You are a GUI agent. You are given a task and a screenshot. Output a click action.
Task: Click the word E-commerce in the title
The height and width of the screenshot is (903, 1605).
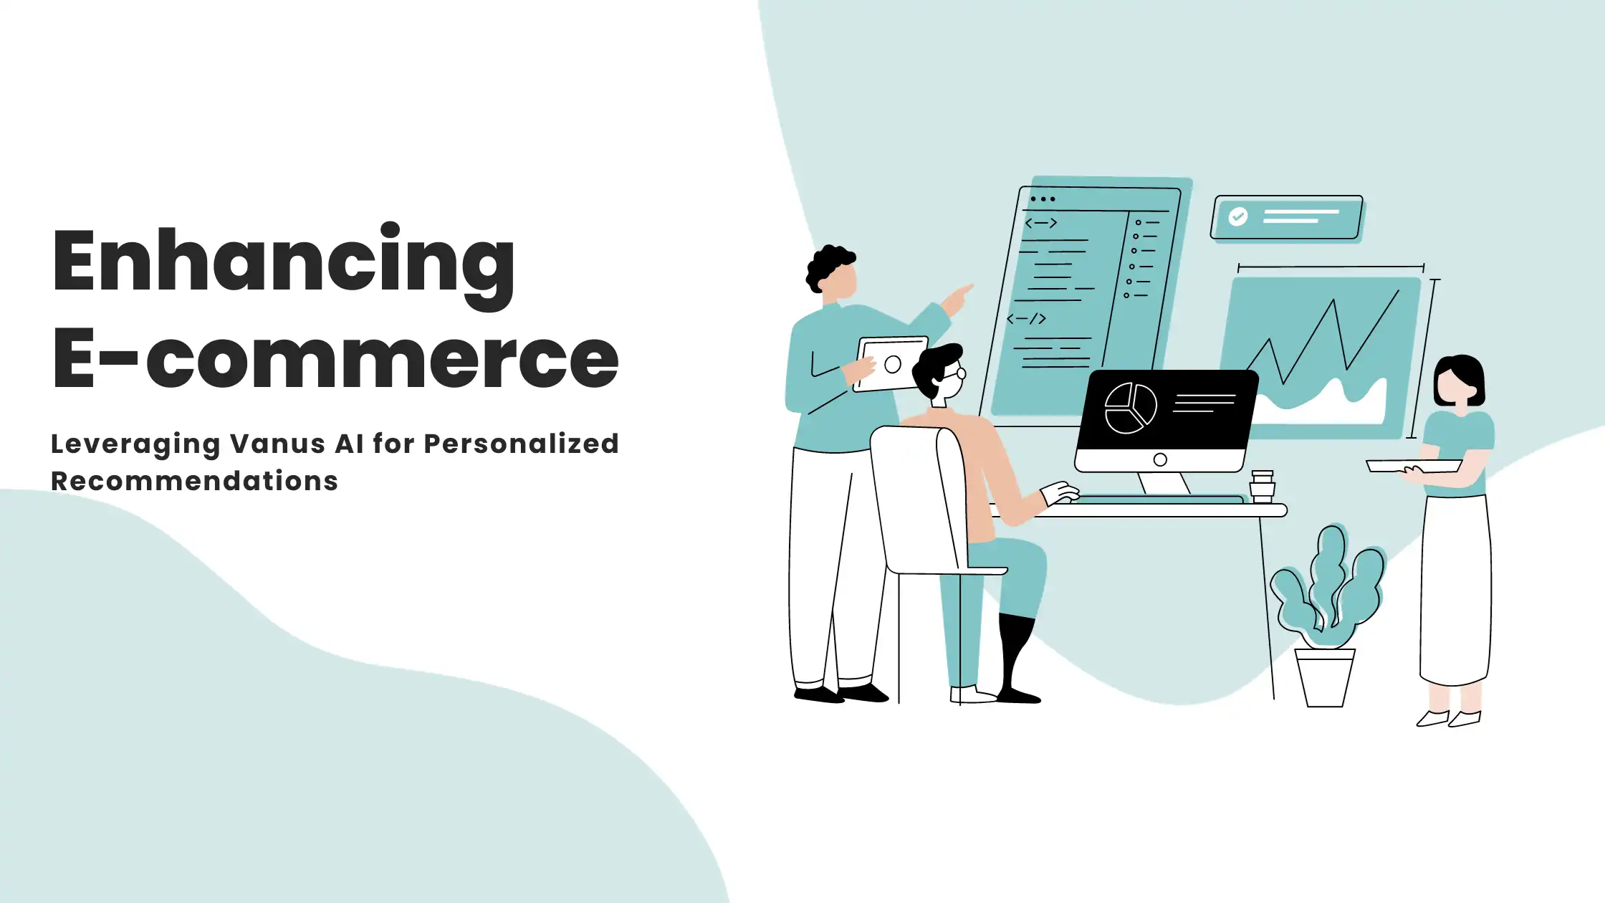point(335,358)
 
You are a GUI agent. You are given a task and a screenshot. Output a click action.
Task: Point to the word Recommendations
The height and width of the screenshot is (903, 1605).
point(194,481)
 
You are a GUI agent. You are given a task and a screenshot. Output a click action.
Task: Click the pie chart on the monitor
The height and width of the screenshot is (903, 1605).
point(1131,408)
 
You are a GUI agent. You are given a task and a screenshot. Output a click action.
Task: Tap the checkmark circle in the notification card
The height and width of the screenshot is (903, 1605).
point(1237,216)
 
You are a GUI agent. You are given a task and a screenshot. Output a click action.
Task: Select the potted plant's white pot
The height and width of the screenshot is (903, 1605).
point(1324,677)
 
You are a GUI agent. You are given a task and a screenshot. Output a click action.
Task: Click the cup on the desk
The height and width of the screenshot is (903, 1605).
point(1262,487)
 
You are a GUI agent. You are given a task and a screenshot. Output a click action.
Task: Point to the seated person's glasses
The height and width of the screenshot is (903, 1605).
point(955,373)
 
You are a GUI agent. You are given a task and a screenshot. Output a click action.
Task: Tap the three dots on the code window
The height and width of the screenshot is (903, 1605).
point(1043,199)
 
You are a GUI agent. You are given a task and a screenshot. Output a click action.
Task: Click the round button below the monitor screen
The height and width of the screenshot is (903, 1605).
point(1160,459)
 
